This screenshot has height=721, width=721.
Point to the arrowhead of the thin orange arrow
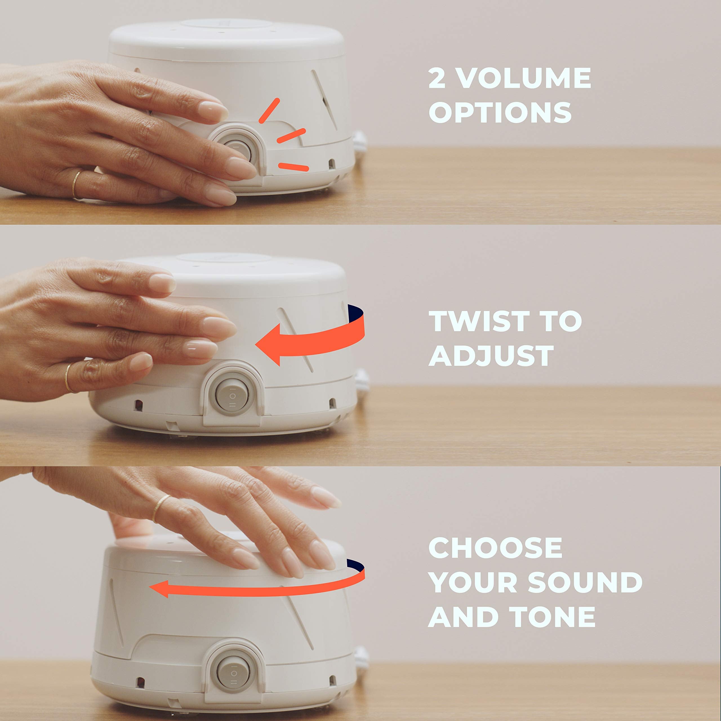point(159,589)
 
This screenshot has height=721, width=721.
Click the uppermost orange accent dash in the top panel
point(269,110)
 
